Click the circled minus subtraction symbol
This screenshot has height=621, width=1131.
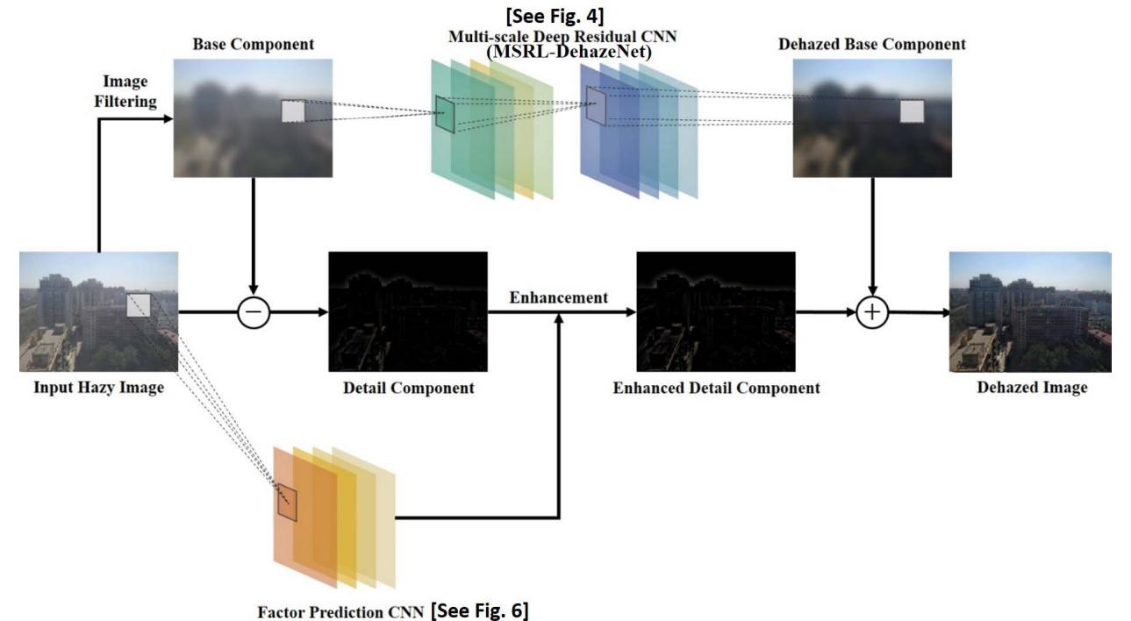point(254,311)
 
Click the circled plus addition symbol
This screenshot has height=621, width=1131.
point(872,311)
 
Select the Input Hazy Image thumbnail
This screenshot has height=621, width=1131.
point(98,311)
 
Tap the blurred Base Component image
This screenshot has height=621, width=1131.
point(253,118)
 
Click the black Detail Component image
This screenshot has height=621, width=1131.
point(406,311)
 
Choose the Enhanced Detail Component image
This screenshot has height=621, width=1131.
point(715,311)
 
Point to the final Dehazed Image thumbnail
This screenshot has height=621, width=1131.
point(1030,311)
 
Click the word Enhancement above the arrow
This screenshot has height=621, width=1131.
point(559,297)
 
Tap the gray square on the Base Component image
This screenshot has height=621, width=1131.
point(293,112)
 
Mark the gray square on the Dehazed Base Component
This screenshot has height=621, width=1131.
point(913,111)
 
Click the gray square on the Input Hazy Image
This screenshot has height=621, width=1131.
point(139,305)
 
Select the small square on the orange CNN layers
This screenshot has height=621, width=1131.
point(288,503)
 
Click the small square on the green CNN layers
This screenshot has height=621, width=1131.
point(446,114)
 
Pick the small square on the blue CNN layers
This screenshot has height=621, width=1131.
point(597,106)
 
